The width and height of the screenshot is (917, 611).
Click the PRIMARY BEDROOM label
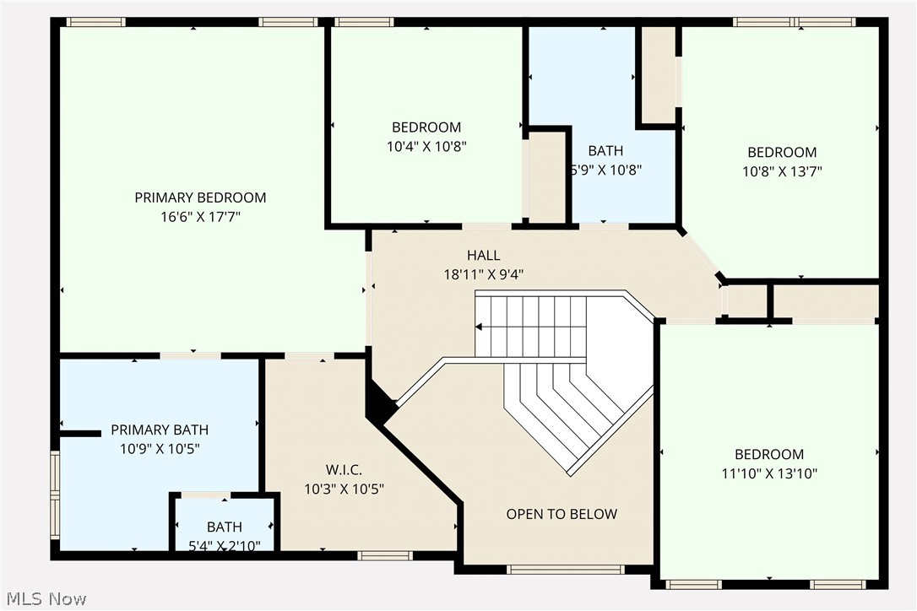point(200,197)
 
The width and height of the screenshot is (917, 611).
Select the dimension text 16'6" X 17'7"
point(200,217)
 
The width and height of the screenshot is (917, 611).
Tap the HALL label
point(484,255)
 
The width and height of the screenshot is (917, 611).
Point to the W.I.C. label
point(345,469)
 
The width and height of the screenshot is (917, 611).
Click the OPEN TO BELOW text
point(562,514)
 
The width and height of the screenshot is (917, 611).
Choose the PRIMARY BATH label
point(160,430)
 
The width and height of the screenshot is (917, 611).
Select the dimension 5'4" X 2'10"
point(224,546)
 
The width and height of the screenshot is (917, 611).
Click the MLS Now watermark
point(44,599)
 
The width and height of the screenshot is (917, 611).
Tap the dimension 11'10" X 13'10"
point(768,473)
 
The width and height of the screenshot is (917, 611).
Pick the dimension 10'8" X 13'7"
point(782,171)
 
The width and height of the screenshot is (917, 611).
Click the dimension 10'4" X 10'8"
point(426,146)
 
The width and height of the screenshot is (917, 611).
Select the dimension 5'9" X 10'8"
point(605,170)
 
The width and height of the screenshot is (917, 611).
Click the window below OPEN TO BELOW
point(565,570)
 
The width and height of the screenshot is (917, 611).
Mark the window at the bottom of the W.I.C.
point(384,555)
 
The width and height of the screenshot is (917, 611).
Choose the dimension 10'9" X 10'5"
point(160,449)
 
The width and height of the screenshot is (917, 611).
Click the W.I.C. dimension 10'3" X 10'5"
point(345,489)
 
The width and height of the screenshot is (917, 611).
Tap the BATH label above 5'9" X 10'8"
point(605,150)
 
